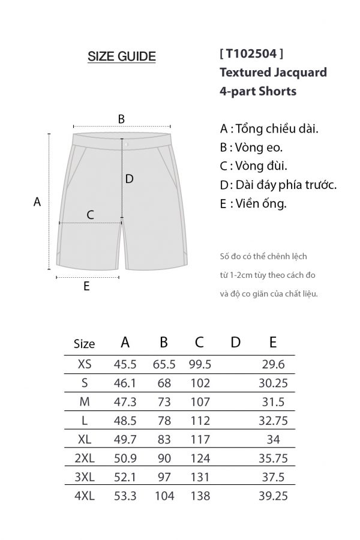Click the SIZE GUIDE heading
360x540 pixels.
pos(122,57)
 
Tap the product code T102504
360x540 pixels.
pos(252,55)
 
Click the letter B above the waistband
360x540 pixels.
pos(121,119)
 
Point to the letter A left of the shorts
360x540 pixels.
pos(37,202)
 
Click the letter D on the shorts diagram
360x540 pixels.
pos(129,178)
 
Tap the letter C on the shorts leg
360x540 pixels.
pos(91,214)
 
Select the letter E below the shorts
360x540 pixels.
pos(86,286)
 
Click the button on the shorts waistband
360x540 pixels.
pos(127,144)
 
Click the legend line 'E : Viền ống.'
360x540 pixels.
pos(253,203)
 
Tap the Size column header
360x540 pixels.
pos(84,344)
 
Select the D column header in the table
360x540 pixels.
pos(235,342)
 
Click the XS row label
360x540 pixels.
pos(85,364)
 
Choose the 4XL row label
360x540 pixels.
pos(85,496)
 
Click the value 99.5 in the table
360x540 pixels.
pos(200,364)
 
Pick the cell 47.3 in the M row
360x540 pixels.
pos(125,401)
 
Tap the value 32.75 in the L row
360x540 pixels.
pos(273,421)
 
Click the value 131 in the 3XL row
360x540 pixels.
pos(200,477)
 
